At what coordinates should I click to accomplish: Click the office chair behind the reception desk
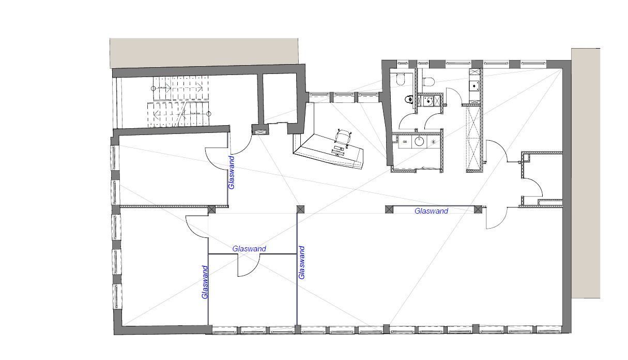click(x=343, y=137)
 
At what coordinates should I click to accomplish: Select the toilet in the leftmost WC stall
click(x=401, y=80)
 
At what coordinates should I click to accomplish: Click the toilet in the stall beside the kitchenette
click(x=428, y=81)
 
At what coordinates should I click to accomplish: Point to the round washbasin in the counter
click(x=419, y=141)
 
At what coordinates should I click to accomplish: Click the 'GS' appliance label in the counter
click(x=405, y=142)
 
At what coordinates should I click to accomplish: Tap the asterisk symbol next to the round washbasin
click(x=433, y=142)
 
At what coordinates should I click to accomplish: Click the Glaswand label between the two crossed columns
click(x=431, y=211)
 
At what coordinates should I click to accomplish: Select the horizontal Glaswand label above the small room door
click(x=249, y=249)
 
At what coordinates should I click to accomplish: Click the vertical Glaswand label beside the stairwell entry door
click(x=231, y=173)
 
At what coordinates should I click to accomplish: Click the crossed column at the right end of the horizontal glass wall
click(x=478, y=209)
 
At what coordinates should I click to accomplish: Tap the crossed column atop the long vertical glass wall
click(x=300, y=209)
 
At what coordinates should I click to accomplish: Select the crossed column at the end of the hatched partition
click(x=212, y=209)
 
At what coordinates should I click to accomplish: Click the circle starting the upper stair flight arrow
click(x=153, y=88)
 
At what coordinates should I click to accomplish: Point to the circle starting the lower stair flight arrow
click(x=209, y=114)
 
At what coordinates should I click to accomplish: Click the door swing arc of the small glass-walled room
click(x=250, y=268)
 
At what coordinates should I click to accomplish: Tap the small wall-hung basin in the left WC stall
click(x=409, y=99)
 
